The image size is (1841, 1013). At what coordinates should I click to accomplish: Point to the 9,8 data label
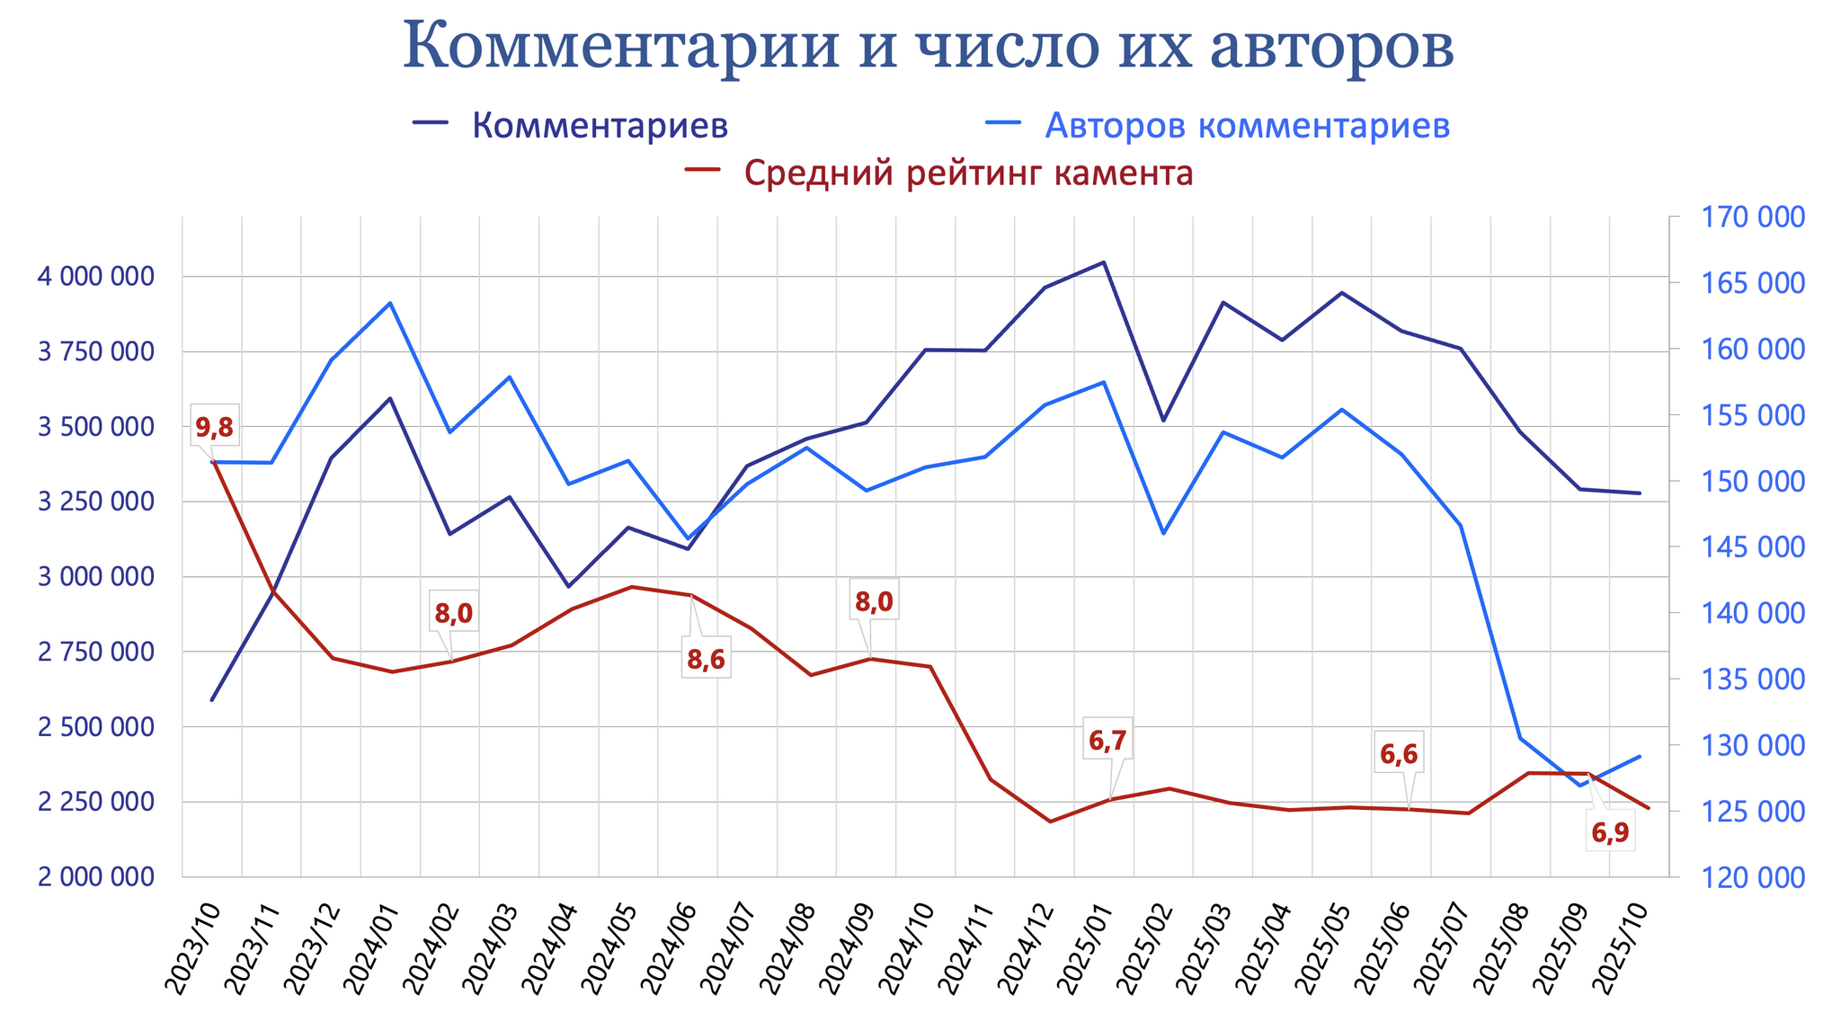[x=214, y=428]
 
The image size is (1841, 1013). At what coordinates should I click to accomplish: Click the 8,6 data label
[x=706, y=660]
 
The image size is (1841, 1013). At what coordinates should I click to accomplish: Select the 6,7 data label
[x=1107, y=741]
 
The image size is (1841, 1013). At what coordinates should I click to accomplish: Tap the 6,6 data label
[x=1399, y=755]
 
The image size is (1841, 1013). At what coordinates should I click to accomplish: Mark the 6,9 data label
[x=1610, y=833]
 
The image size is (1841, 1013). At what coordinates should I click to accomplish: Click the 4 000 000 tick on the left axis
[x=95, y=277]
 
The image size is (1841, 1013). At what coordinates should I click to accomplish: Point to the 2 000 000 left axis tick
[x=95, y=876]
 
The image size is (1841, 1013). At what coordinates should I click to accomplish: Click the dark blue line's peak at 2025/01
[x=1104, y=262]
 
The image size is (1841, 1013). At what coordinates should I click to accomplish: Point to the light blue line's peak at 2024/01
[x=390, y=303]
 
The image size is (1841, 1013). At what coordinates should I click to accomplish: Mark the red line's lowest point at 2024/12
[x=1049, y=822]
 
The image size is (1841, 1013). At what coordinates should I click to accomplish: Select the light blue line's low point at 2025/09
[x=1579, y=786]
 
